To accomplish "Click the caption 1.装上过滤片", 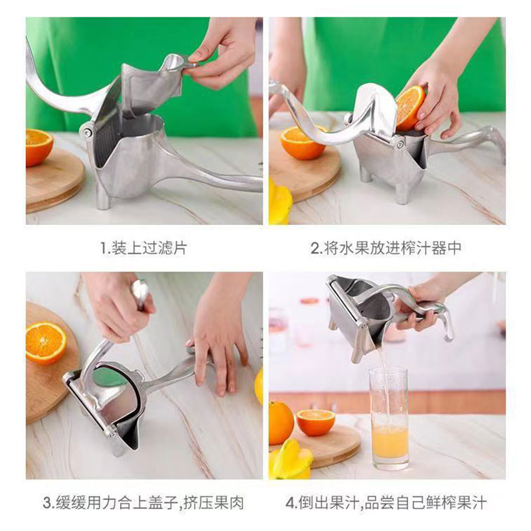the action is (143, 248).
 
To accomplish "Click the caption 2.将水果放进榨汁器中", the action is (386, 248).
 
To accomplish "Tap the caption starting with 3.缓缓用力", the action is (143, 502).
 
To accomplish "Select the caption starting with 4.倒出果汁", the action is (386, 502).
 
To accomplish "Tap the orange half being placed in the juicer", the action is (410, 108).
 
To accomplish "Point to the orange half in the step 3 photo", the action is (46, 343).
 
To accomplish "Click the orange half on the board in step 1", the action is (39, 147).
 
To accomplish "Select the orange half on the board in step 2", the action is (301, 142).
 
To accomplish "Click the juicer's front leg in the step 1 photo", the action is (103, 196).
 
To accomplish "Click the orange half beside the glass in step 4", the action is (316, 422).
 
